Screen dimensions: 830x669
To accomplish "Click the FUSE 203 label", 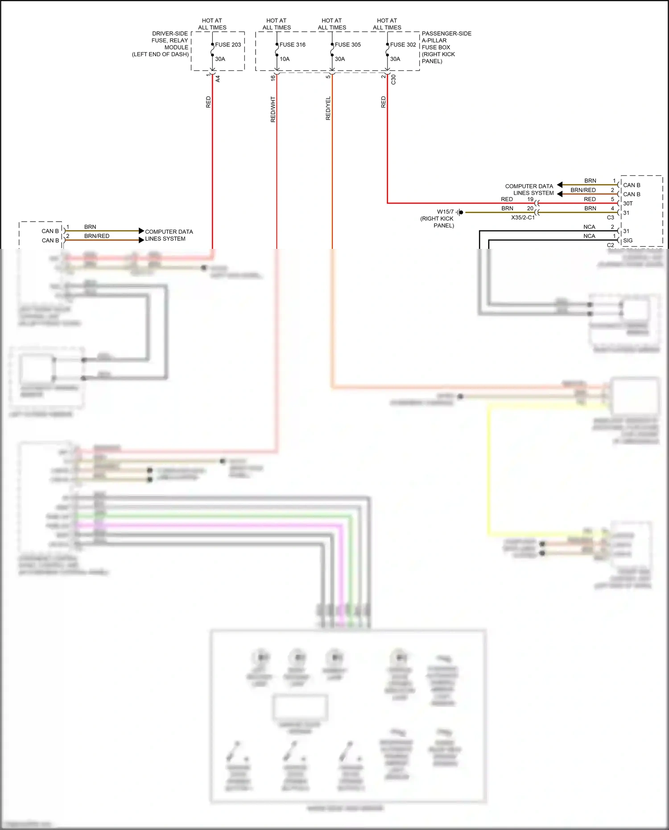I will (x=228, y=45).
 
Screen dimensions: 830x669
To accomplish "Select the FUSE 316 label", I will (x=293, y=45).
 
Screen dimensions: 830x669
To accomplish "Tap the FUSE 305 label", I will (x=348, y=45).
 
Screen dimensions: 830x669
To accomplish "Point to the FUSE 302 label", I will (x=403, y=45).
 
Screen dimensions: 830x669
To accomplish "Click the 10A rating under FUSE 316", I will (x=285, y=59).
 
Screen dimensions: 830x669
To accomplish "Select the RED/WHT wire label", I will (x=273, y=109).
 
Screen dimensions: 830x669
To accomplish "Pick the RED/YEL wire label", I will (x=328, y=108).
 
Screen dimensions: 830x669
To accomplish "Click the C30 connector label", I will (x=393, y=79).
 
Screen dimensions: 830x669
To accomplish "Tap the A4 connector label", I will (x=218, y=78).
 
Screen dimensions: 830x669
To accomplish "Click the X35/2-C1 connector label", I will (x=523, y=218).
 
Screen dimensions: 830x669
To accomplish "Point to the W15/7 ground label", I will (x=445, y=212).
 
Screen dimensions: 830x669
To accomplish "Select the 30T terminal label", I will (x=628, y=203).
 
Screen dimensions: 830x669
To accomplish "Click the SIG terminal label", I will (x=628, y=240).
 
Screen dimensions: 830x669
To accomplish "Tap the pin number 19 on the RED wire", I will (x=530, y=199).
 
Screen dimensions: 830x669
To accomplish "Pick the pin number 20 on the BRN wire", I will (x=530, y=208).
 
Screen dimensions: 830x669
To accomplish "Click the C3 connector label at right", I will (x=611, y=218).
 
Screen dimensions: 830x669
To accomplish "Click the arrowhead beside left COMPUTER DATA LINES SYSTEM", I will (x=141, y=231).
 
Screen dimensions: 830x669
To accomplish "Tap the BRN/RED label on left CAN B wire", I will (x=97, y=236).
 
